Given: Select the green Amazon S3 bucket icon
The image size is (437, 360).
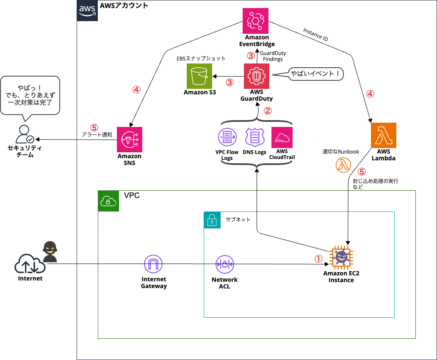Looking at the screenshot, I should (199, 76).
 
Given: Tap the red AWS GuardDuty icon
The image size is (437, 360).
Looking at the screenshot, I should (257, 76).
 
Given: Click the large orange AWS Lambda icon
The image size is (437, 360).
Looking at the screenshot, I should (383, 135).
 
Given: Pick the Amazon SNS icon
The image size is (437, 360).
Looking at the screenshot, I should (130, 140).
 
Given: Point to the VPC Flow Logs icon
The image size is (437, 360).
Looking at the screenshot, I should (227, 137).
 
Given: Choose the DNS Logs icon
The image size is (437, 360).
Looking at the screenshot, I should (254, 137).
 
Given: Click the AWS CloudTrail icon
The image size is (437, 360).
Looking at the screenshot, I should (282, 137).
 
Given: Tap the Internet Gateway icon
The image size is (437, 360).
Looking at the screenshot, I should (153, 264).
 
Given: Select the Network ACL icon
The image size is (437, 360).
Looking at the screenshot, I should (224, 264).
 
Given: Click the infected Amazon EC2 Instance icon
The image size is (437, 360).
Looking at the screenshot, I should (341, 258).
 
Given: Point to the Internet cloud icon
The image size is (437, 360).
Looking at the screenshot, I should (30, 264).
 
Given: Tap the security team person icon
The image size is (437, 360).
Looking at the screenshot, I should (24, 135).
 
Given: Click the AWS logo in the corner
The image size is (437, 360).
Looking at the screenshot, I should (88, 11).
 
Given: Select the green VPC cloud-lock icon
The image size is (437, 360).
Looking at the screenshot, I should (109, 201).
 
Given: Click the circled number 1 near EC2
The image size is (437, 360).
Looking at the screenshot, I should (318, 258).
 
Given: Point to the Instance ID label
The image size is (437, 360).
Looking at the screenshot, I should (316, 35).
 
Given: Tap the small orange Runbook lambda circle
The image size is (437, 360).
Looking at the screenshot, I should (343, 165).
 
